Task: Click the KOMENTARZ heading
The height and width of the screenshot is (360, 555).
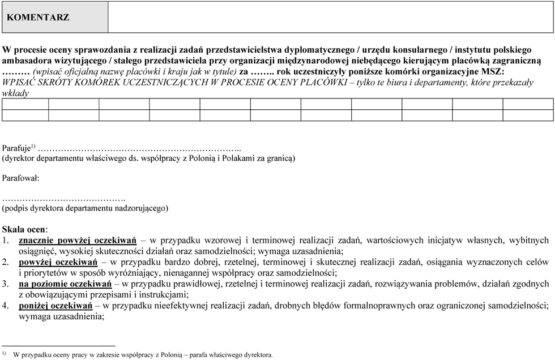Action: [x=38, y=17]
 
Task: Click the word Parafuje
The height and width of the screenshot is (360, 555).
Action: [x=16, y=147]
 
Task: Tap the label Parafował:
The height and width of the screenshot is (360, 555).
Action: [x=21, y=178]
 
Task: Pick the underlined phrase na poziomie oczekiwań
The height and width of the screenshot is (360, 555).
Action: [x=65, y=283]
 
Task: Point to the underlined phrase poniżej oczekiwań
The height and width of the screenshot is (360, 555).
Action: [x=55, y=305]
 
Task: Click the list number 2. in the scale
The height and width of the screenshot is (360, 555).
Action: [x=5, y=262]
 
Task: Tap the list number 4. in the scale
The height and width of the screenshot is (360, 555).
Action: [x=5, y=305]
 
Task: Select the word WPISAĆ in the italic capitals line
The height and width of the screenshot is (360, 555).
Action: [x=18, y=82]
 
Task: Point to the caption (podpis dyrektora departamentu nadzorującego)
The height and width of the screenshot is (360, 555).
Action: [x=85, y=208]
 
